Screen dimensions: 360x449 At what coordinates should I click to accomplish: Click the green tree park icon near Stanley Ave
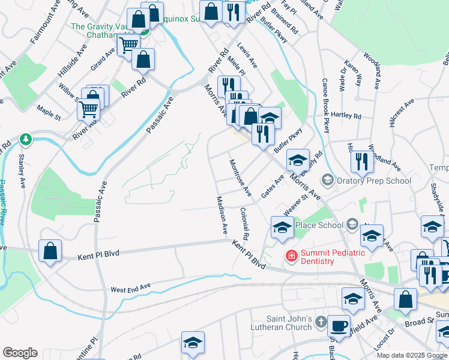point(25,140)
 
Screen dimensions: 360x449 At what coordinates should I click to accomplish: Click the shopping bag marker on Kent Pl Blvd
point(50,251)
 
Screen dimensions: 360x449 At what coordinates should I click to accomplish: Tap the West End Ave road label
point(130,289)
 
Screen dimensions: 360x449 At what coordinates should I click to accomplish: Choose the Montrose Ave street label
point(240,178)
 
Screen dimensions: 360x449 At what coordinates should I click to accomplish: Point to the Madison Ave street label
point(221,214)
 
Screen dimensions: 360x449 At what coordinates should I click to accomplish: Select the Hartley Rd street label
point(346,116)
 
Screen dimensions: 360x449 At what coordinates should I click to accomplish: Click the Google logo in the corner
point(20,353)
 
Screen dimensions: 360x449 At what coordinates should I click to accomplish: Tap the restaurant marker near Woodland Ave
point(361,161)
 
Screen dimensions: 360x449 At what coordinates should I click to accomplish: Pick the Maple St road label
point(49,111)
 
